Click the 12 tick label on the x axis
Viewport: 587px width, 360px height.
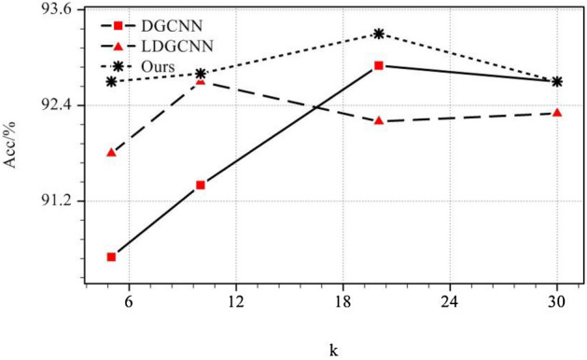point(236,303)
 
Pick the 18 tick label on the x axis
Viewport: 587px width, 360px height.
point(342,303)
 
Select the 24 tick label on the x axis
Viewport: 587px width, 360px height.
point(450,303)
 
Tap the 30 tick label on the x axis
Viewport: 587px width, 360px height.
point(557,303)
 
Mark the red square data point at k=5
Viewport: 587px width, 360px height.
point(111,256)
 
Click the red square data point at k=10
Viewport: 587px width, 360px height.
point(201,185)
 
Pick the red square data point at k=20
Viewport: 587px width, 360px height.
point(379,65)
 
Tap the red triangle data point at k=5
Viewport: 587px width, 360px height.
point(111,151)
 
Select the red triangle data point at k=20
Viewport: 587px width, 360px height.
point(379,120)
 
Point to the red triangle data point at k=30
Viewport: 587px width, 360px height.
point(557,112)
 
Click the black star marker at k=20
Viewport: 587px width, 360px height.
point(379,34)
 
